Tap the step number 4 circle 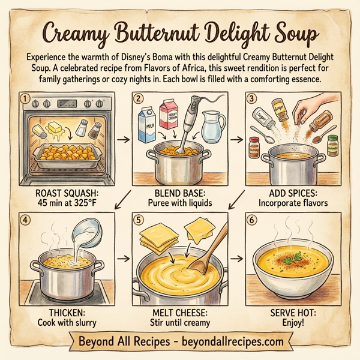click(x=25, y=220)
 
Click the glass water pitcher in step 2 click(x=211, y=127)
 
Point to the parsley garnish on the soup click(x=293, y=259)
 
